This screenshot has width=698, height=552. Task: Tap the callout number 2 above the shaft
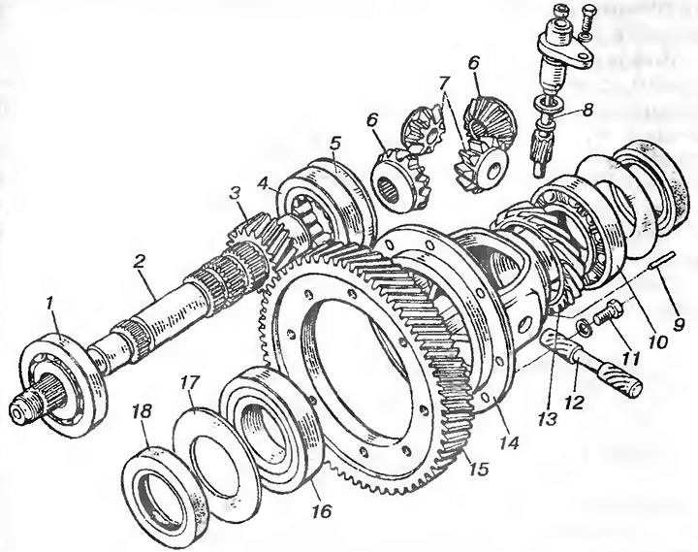click(x=139, y=262)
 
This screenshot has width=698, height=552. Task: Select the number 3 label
click(x=235, y=193)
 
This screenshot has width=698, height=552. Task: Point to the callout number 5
click(x=335, y=144)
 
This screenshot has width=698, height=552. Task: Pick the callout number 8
click(x=588, y=110)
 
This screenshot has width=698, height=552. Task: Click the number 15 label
click(x=480, y=470)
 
